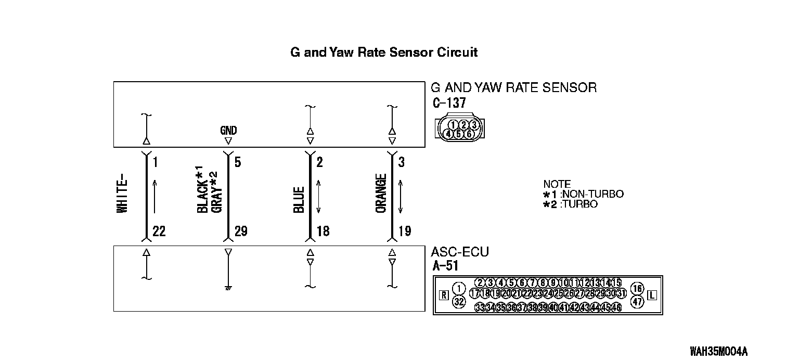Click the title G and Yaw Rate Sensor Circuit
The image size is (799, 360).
384,53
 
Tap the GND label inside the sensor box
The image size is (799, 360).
228,131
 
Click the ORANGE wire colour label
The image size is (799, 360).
381,194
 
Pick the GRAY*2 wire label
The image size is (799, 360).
217,192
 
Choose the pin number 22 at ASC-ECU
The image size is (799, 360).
159,232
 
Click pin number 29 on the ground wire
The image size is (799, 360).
240,232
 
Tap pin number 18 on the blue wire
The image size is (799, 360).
323,232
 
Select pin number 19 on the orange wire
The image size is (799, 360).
404,232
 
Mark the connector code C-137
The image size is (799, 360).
449,103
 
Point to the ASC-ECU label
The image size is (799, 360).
460,253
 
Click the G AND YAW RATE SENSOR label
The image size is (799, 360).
513,87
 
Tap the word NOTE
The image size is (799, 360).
557,184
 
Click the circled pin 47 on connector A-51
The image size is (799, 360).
637,301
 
